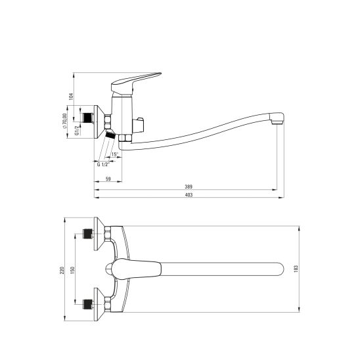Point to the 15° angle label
[114, 154]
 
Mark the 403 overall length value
[189, 195]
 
